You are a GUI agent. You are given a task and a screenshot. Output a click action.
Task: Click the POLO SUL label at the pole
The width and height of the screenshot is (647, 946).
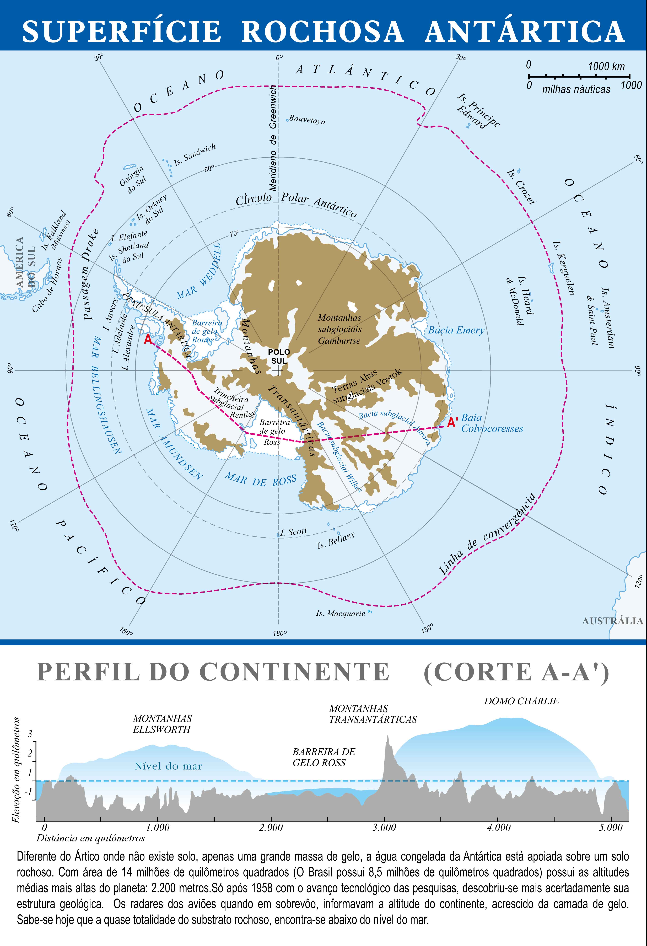(279, 356)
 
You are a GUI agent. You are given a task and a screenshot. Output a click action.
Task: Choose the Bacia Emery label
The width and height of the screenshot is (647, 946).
(456, 330)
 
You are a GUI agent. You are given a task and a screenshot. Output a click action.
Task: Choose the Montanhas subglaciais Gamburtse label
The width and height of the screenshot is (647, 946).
(339, 329)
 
